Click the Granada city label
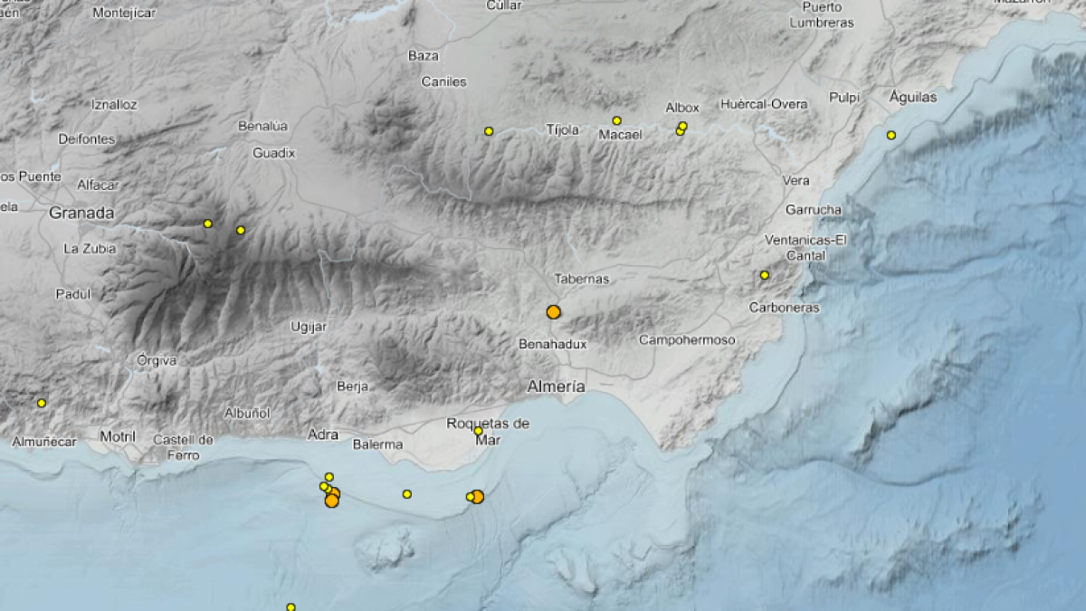[x=81, y=214]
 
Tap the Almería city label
[x=556, y=387]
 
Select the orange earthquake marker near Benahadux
[x=553, y=312]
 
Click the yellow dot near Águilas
[x=891, y=136]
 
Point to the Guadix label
[x=273, y=153]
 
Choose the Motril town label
[x=117, y=437]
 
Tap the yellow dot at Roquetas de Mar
[x=479, y=431]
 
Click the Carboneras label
[x=784, y=308]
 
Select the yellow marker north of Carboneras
[x=765, y=275]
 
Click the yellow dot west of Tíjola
[x=489, y=131]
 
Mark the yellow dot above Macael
[x=616, y=120]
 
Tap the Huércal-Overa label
[x=764, y=104]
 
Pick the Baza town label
[x=423, y=56]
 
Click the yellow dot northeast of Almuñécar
[x=41, y=403]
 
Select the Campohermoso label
[x=687, y=340]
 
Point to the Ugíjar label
[x=309, y=326]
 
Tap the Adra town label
[x=323, y=434]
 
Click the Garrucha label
[x=813, y=210]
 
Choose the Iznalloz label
[x=114, y=105]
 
